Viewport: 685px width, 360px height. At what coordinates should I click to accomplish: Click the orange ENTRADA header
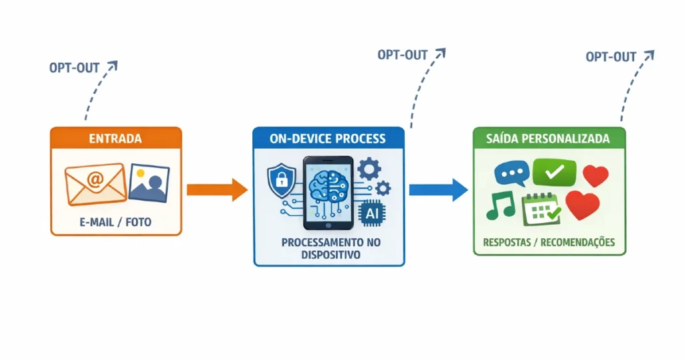(x=116, y=139)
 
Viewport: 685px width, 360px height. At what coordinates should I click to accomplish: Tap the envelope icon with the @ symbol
(x=95, y=183)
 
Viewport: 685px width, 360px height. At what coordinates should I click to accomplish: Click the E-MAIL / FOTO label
(x=116, y=222)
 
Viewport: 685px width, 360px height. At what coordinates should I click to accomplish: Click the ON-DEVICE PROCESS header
(x=328, y=139)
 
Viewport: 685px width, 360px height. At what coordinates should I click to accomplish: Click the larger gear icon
(x=369, y=168)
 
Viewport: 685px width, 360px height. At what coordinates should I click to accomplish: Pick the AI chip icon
(x=369, y=213)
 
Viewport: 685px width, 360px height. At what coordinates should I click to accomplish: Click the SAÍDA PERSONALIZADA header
(x=549, y=139)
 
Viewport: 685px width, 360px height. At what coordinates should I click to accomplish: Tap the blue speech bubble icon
(x=511, y=173)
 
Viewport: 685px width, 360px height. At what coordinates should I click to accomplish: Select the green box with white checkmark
(x=554, y=172)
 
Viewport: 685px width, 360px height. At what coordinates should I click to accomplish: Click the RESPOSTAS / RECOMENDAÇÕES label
(x=549, y=242)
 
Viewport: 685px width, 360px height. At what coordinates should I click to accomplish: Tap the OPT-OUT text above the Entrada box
(x=74, y=68)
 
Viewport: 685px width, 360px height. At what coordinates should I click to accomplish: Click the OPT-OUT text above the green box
(x=611, y=57)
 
